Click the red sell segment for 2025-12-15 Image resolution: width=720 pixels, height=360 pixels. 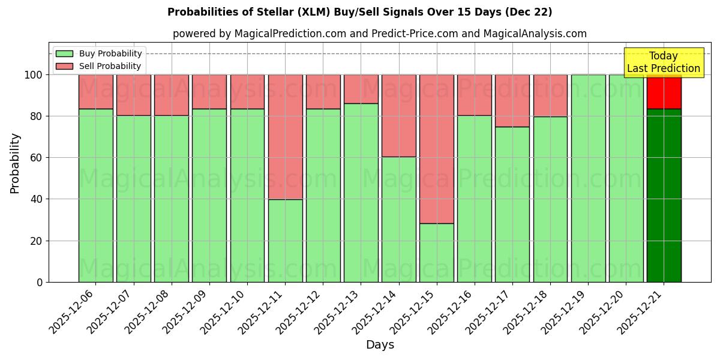click(437, 149)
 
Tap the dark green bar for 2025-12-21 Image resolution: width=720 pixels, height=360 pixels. click(664, 195)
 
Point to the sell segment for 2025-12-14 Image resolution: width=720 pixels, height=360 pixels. click(399, 115)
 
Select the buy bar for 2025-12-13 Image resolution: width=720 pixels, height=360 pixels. click(361, 193)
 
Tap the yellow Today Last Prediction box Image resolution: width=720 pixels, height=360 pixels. click(664, 62)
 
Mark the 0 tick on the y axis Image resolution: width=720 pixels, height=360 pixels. click(40, 282)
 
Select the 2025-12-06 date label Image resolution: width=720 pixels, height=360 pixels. click(72, 312)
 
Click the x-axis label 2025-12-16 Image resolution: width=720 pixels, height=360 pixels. click(451, 312)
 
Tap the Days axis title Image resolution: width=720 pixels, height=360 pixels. click(380, 345)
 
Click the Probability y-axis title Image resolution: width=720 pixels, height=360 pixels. click(15, 163)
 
